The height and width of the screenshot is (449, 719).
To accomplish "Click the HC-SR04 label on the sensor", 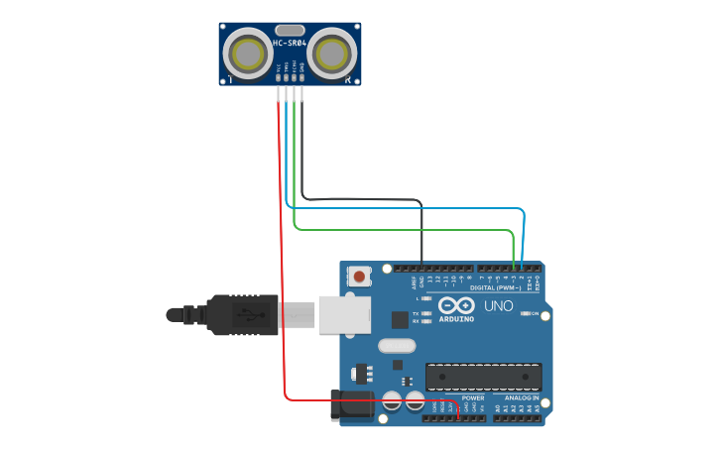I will tap(289, 44).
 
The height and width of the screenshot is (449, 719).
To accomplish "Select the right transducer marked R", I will tap(332, 53).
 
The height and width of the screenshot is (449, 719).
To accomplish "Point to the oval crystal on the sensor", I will tap(290, 30).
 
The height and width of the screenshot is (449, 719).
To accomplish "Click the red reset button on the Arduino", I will tap(359, 276).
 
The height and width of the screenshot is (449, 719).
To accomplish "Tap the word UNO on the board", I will tap(499, 305).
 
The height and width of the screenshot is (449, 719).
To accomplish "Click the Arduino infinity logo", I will tap(456, 305).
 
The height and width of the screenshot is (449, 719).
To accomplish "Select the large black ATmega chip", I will tap(484, 377).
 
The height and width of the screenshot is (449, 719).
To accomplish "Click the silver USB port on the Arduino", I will tap(344, 314).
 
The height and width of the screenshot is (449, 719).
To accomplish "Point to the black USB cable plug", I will tap(243, 315).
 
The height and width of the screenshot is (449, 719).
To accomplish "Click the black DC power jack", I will tap(352, 404).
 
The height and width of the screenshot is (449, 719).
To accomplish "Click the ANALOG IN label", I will tap(522, 397).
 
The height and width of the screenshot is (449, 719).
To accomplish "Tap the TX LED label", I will tap(416, 313).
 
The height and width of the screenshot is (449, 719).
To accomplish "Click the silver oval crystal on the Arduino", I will tap(397, 346).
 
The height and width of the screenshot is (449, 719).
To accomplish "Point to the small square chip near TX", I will tap(400, 319).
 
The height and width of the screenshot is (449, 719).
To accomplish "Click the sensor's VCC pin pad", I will tap(279, 76).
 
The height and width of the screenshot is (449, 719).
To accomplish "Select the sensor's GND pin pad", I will tap(302, 76).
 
